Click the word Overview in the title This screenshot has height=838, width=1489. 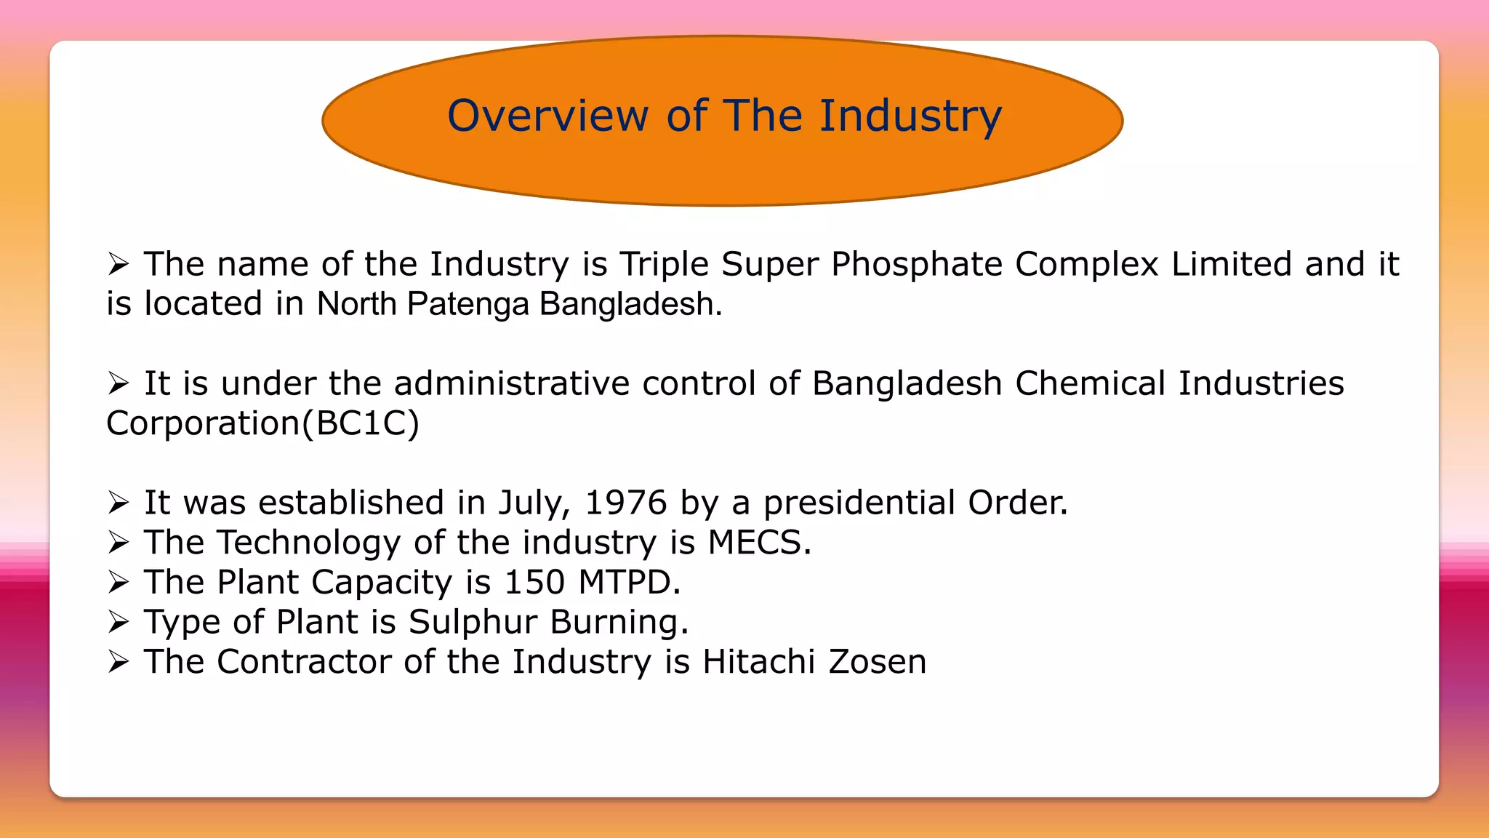point(547,116)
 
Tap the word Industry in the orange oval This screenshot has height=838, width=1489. point(910,116)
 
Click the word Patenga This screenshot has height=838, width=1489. point(467,304)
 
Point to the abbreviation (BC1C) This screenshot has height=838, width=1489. point(361,423)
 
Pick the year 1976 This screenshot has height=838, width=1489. point(625,503)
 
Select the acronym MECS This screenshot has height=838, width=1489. point(759,543)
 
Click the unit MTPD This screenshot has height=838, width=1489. point(629,582)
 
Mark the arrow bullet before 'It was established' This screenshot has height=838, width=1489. point(118,502)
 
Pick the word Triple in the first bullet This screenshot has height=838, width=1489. point(664,264)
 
